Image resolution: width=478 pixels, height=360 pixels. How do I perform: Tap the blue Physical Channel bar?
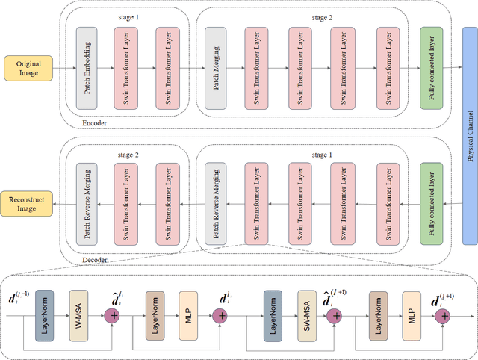(469, 139)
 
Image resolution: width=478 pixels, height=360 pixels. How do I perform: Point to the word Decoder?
(96, 260)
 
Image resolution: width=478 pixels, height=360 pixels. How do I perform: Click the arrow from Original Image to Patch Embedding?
(63, 69)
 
